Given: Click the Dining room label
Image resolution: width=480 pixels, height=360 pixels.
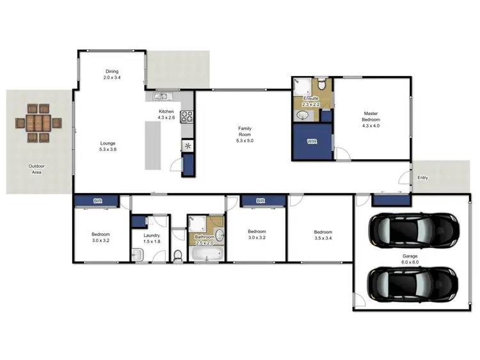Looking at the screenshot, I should [x=112, y=74].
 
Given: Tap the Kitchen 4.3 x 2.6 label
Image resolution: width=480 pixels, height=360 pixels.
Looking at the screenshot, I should [x=166, y=114].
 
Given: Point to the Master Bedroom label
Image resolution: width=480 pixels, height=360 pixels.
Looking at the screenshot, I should [x=371, y=120].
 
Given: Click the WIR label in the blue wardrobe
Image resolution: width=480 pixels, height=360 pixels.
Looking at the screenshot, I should [x=312, y=141].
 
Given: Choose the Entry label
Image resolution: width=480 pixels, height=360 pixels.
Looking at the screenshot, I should [x=422, y=178].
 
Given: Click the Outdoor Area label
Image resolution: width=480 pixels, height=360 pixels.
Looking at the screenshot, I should [x=36, y=169].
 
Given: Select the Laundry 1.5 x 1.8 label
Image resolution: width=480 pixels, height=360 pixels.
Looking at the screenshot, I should [x=151, y=239].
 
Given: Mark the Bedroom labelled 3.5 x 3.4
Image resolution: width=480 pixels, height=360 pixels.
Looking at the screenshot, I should [x=323, y=235].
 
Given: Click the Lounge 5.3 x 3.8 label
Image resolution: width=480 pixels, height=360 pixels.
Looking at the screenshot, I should [x=108, y=146].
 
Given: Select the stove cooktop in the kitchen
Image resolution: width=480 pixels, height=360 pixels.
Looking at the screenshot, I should [x=187, y=117].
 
